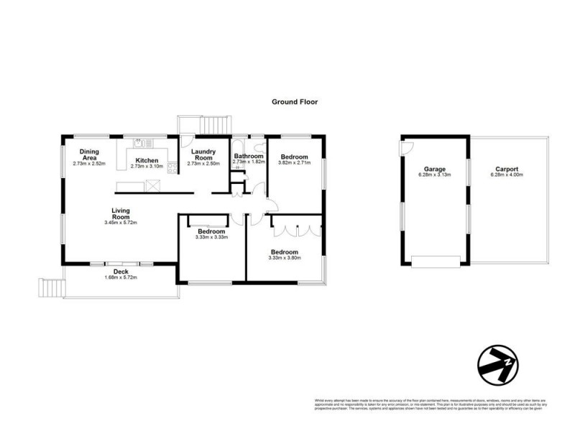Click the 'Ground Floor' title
coord(294,102)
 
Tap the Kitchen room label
coord(147,160)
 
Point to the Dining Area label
coord(89,154)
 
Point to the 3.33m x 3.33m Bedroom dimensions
coord(211,238)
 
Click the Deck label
coord(120,272)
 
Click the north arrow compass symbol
coord(498,367)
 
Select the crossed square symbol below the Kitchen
coord(154,186)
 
